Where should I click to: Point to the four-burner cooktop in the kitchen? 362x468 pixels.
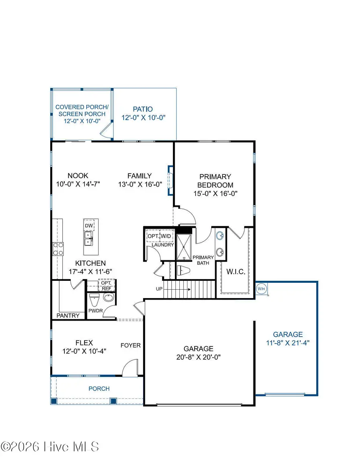58,249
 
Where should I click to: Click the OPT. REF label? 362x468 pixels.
107,285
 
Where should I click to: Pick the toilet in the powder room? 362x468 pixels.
94,300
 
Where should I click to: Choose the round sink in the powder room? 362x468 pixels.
108,298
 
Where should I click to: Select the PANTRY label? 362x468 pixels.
68,315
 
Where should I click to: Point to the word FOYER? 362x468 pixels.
131,345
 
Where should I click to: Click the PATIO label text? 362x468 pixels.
143,109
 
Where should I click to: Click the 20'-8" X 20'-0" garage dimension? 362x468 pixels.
199,356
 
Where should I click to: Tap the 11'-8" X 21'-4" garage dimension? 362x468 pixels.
288,343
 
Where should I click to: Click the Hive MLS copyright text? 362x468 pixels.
50,446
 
